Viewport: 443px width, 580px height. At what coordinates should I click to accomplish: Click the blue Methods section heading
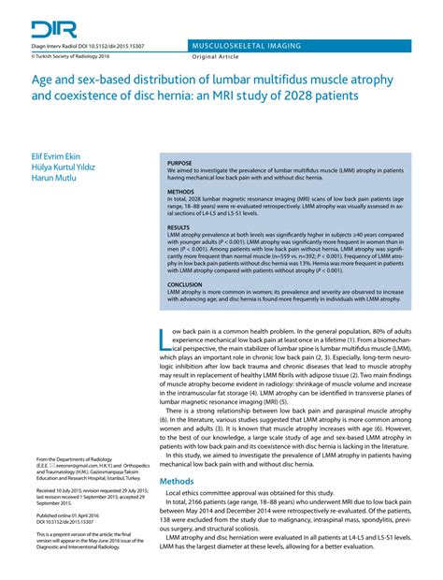[x=177, y=480]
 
